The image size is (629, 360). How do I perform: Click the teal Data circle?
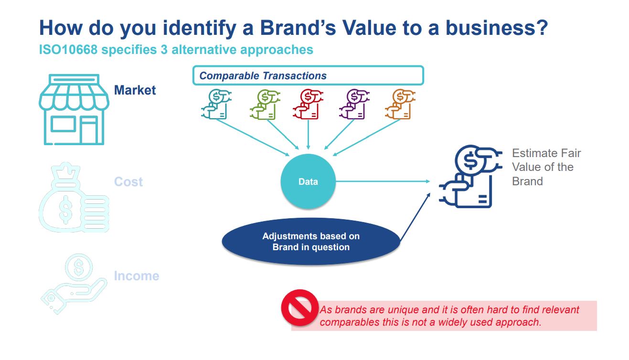(308, 181)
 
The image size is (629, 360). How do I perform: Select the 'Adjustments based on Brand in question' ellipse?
(311, 242)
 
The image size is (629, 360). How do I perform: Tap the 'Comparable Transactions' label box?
(308, 75)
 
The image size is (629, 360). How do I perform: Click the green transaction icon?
(262, 104)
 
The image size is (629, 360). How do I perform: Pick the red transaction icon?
(307, 104)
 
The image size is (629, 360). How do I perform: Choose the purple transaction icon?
(352, 104)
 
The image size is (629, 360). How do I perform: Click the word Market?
(135, 90)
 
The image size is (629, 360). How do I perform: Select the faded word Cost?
(128, 182)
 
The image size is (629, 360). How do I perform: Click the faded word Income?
(137, 276)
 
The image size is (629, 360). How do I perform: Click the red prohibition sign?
(299, 308)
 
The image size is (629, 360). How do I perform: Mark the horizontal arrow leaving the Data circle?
(382, 181)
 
